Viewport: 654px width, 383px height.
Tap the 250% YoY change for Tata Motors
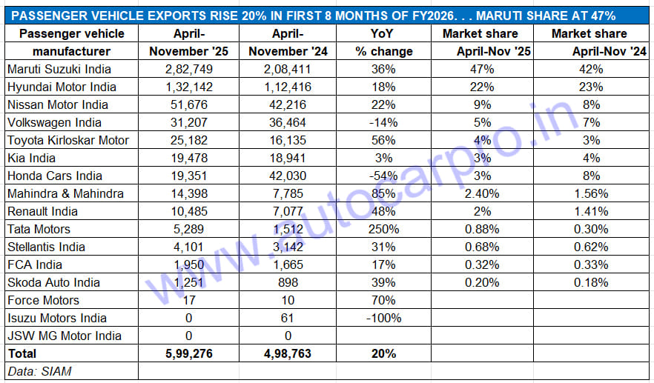pos(383,229)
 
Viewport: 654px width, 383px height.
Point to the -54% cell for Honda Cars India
pos(383,176)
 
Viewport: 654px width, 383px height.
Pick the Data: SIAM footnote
pos(39,371)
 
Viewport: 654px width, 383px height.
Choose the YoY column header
pos(383,34)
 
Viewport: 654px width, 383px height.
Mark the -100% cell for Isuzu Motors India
pos(383,318)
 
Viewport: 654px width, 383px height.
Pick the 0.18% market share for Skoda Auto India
pos(591,282)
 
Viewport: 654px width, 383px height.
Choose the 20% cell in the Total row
pos(383,354)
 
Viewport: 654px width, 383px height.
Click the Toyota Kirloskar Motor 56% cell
pos(383,140)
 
